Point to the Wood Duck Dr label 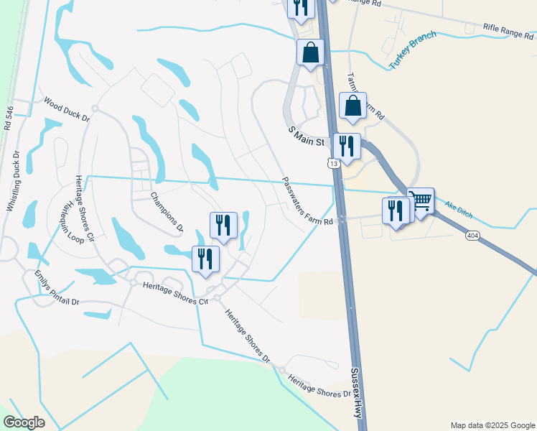65,108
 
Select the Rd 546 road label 9,119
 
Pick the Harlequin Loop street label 73,222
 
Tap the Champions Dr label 167,213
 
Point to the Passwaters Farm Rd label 307,202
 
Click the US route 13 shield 334,164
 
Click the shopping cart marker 421,201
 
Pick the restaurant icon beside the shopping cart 396,210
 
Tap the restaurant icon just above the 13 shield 347,147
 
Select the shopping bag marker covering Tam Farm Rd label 352,106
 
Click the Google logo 24,422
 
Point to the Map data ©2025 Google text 492,425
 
